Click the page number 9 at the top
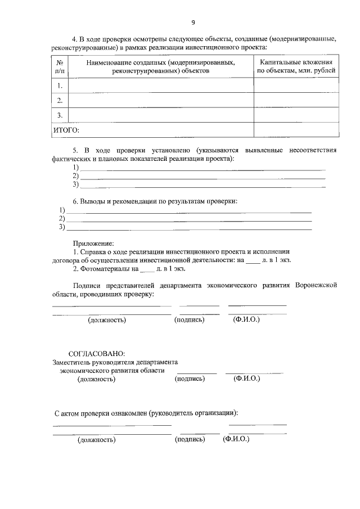pyautogui.click(x=193, y=22)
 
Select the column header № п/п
pyautogui.click(x=60, y=67)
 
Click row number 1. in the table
pyautogui.click(x=60, y=85)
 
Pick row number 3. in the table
pyautogui.click(x=60, y=115)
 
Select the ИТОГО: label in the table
pyautogui.click(x=66, y=130)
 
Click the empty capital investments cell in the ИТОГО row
pyautogui.click(x=296, y=130)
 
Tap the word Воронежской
pyautogui.click(x=316, y=286)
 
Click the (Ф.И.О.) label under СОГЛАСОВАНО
pyautogui.click(x=246, y=379)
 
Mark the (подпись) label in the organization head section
pyautogui.click(x=190, y=439)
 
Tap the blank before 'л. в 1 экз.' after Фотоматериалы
pyautogui.click(x=146, y=270)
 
